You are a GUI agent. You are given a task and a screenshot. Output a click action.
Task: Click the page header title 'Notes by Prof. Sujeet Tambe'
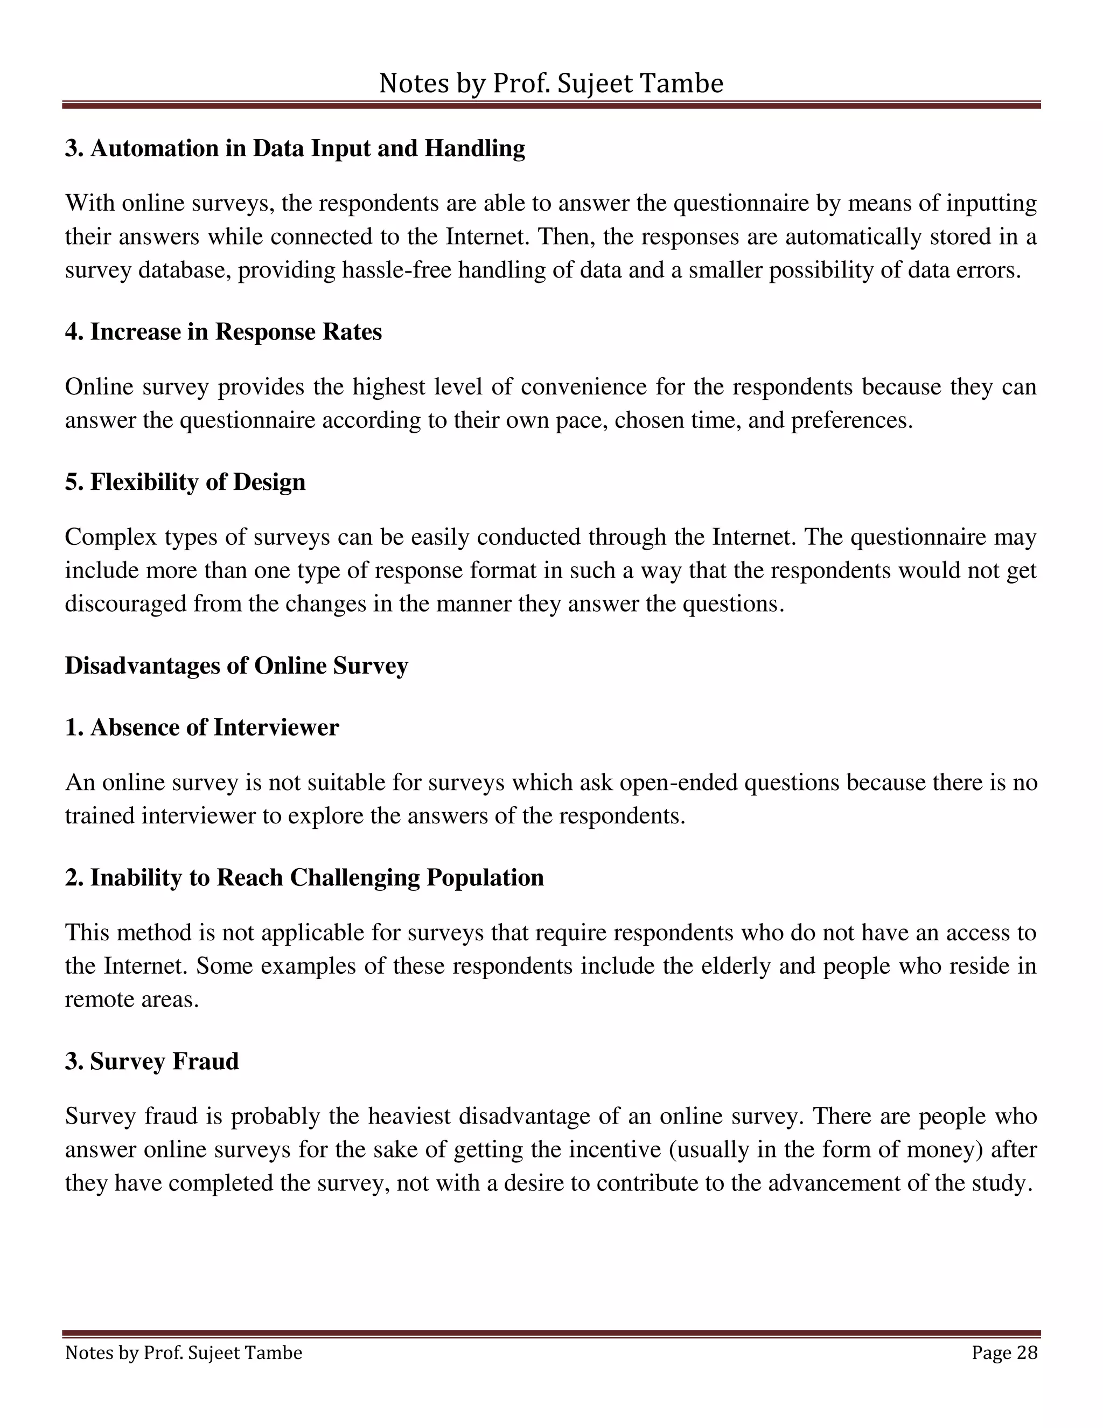[x=551, y=84]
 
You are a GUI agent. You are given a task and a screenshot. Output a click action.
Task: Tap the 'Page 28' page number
[x=1004, y=1353]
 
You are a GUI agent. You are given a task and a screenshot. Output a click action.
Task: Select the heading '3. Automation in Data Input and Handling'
[x=295, y=148]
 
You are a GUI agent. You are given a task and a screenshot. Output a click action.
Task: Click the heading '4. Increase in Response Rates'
[x=223, y=332]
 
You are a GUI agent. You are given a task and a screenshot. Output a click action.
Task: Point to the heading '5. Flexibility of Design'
[x=185, y=482]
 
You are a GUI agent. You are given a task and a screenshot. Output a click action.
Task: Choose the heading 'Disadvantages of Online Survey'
[x=236, y=666]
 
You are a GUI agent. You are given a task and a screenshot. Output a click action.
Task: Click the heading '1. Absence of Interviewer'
[x=202, y=727]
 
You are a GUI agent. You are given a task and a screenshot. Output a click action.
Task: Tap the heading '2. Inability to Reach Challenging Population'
[x=304, y=877]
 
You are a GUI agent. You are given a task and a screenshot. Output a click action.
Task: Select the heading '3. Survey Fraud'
[x=151, y=1061]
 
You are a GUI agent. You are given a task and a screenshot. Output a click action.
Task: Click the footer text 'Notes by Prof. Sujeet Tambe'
[x=184, y=1353]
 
